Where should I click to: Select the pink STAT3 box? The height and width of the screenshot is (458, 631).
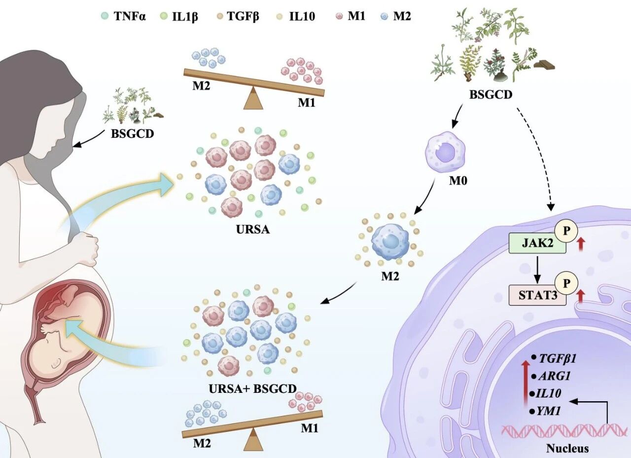537,296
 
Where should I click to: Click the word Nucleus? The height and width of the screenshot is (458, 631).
567,449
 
